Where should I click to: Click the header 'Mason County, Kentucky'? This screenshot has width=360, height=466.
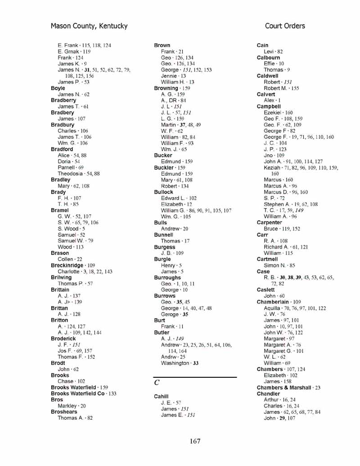coord(89,26)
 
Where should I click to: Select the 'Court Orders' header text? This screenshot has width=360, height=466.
coord(285,26)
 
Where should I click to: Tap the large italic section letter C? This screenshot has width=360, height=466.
coord(157,383)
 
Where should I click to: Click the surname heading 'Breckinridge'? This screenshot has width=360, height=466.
coord(67,266)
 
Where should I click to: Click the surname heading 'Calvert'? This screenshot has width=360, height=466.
coord(265,95)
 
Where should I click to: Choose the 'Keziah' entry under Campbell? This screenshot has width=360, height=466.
coord(272,167)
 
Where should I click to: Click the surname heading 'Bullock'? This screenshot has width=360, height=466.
coord(163,192)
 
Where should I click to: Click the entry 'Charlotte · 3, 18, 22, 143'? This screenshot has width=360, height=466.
coord(85,272)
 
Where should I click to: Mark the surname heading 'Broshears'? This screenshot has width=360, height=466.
coord(64,412)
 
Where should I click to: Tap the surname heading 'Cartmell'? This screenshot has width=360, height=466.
coord(267,259)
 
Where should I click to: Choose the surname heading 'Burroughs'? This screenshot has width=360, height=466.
coord(167,278)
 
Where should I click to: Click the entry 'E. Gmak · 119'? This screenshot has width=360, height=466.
coord(74,52)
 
